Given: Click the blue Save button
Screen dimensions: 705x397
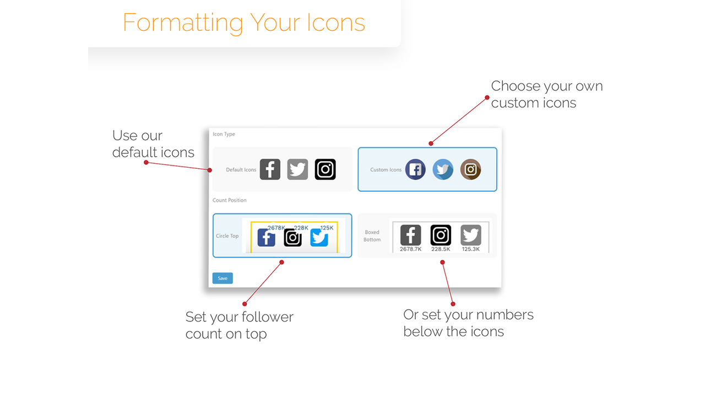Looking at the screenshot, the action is coord(223,278).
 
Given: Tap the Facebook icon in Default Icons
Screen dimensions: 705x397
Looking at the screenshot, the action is coord(270,169).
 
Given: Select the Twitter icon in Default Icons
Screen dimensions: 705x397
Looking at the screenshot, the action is coord(297,169).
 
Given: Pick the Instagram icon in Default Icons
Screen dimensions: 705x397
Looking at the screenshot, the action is coord(325,169).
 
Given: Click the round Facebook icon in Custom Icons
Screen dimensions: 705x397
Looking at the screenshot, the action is coord(415,169).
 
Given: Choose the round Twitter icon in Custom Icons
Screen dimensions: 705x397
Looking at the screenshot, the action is coord(443,169).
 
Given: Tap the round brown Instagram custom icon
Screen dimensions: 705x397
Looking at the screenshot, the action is coord(470,169).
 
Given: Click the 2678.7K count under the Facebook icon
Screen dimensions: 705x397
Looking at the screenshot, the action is coord(410,249).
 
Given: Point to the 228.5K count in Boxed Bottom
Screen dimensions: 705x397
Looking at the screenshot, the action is coord(441,249).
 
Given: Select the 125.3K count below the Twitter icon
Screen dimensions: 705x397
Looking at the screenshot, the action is coord(471,249).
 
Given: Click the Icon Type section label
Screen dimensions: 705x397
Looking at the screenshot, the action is coord(224,134).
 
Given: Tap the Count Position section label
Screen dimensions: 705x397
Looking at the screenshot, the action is coord(230,200).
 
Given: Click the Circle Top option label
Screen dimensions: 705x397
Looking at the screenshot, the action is coord(227,236).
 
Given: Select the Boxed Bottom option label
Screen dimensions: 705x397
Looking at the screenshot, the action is coord(372,235).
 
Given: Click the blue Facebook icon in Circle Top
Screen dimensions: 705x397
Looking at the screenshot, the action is coord(266,238).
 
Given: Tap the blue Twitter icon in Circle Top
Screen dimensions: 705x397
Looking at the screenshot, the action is coord(319,238).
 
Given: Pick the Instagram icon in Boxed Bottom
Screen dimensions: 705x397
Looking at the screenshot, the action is coord(441,235).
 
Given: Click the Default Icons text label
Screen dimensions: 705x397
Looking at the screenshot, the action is coord(241,170).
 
